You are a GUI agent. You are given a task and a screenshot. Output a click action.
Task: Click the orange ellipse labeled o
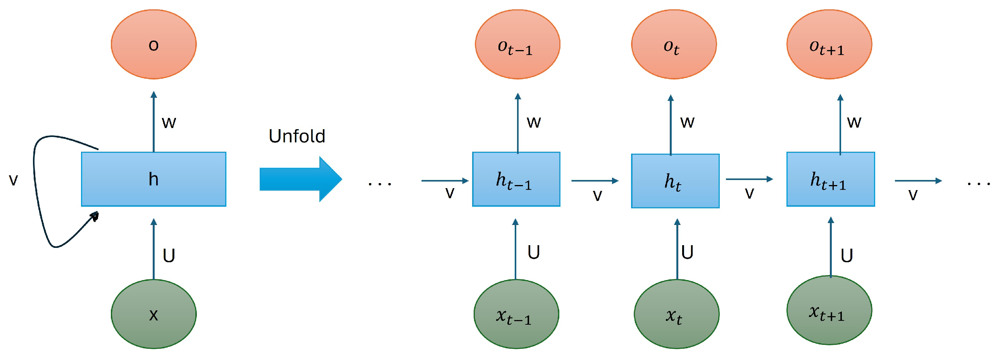153,44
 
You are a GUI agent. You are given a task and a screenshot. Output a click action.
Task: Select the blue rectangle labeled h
153,179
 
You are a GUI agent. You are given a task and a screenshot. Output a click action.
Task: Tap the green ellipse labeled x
153,314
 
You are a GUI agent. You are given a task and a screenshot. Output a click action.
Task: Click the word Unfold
297,136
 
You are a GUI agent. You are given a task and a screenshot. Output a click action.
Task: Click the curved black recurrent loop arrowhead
94,216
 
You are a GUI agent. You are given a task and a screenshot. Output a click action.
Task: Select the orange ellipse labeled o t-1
517,44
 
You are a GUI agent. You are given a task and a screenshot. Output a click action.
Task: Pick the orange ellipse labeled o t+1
829,44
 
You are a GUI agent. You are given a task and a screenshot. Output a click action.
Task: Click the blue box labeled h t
675,181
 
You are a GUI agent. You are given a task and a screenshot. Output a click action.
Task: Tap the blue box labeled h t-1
516,179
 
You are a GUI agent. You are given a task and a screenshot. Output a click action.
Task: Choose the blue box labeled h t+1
830,179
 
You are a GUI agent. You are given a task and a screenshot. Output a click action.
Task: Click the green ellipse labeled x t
676,314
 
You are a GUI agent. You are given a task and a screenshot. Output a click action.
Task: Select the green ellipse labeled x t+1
829,310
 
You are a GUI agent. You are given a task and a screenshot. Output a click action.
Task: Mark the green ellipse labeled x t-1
516,314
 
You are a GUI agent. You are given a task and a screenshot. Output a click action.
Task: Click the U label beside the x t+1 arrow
846,256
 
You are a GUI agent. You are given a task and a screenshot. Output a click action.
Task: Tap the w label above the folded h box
169,122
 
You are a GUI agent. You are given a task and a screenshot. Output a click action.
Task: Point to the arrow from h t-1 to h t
595,181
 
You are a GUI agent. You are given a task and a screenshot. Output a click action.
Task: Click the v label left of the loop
13,179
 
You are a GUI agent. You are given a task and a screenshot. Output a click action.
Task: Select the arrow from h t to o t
671,124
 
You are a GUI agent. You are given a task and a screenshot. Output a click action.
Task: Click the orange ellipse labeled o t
674,44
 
